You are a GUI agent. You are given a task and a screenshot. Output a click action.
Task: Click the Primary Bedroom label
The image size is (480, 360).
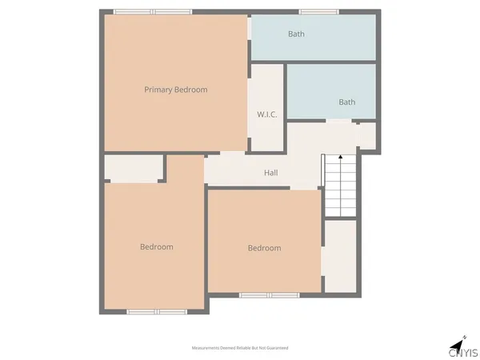pos(175,90)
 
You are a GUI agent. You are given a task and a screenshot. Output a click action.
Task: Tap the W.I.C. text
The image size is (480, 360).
pos(267,114)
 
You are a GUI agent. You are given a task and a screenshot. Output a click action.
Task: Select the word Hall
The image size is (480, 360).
pos(271,173)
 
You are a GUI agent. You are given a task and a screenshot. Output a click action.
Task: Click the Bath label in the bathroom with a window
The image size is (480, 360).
pos(297,34)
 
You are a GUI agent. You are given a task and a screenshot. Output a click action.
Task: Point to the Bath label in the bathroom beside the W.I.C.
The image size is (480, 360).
pos(347,102)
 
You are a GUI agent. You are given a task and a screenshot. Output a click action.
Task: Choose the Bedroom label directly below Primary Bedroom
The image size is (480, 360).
pos(157,246)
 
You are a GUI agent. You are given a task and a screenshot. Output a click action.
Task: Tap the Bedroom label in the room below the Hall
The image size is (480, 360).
pos(264,248)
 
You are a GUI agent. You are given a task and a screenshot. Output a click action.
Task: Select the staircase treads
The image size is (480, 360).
pos(341,188)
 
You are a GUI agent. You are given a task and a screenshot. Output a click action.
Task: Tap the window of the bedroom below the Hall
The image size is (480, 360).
pos(269,295)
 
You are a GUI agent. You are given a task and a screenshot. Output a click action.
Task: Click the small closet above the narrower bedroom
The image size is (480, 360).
pos(134,168)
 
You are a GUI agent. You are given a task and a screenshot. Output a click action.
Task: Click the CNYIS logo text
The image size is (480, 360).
pos(463,351)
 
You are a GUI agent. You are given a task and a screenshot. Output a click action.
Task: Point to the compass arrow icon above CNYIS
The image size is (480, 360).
pos(459,337)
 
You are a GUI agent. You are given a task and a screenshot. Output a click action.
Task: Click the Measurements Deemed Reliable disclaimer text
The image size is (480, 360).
pos(240,348)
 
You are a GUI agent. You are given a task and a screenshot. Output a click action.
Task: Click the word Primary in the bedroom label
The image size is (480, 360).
pos(159,90)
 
